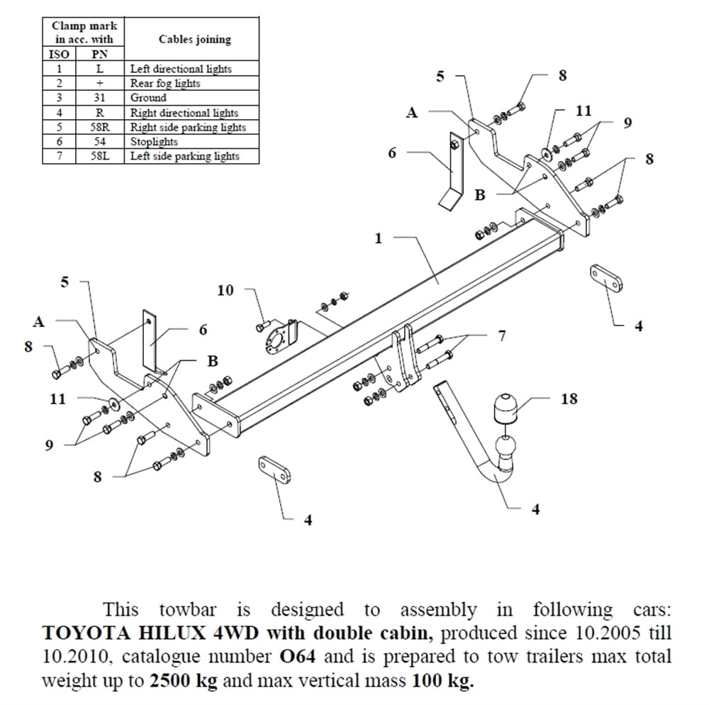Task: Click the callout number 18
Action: pos(569,399)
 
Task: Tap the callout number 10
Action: pos(225,290)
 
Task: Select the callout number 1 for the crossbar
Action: pos(378,239)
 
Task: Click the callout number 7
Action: pos(502,335)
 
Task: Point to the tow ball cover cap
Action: pos(503,409)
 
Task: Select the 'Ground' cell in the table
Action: pos(148,98)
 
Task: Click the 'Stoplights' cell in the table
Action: pos(154,142)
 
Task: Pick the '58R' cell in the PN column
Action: pos(99,128)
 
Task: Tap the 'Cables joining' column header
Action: pos(194,39)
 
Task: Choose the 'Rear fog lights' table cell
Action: pos(165,83)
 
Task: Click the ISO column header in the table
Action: pos(60,54)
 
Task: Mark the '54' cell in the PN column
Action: pos(99,142)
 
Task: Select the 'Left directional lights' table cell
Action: pos(181,69)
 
